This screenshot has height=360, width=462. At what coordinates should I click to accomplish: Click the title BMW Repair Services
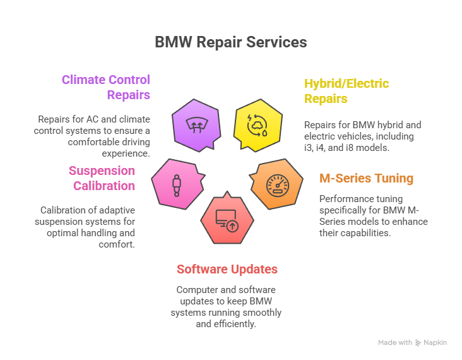231,42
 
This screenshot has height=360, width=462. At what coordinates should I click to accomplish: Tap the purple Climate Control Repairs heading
105,87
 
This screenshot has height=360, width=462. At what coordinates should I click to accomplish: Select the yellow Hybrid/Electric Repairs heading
346,91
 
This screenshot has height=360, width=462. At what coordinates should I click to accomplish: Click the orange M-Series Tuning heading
366,178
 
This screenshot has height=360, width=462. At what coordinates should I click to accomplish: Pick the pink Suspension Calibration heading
102,178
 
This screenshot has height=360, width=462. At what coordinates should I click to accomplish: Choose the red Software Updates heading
227,269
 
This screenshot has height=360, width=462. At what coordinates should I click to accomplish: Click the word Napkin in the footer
435,342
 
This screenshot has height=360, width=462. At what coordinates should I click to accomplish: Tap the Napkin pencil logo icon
418,342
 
